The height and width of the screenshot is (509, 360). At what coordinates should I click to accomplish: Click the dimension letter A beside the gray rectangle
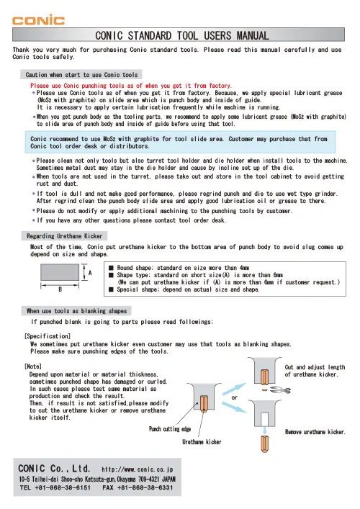90,273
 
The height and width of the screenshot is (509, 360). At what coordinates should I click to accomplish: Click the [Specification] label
45,335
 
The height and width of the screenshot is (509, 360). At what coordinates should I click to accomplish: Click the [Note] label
32,366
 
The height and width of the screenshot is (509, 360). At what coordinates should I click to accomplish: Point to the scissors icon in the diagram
282,389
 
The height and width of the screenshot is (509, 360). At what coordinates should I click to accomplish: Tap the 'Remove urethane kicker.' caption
315,432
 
